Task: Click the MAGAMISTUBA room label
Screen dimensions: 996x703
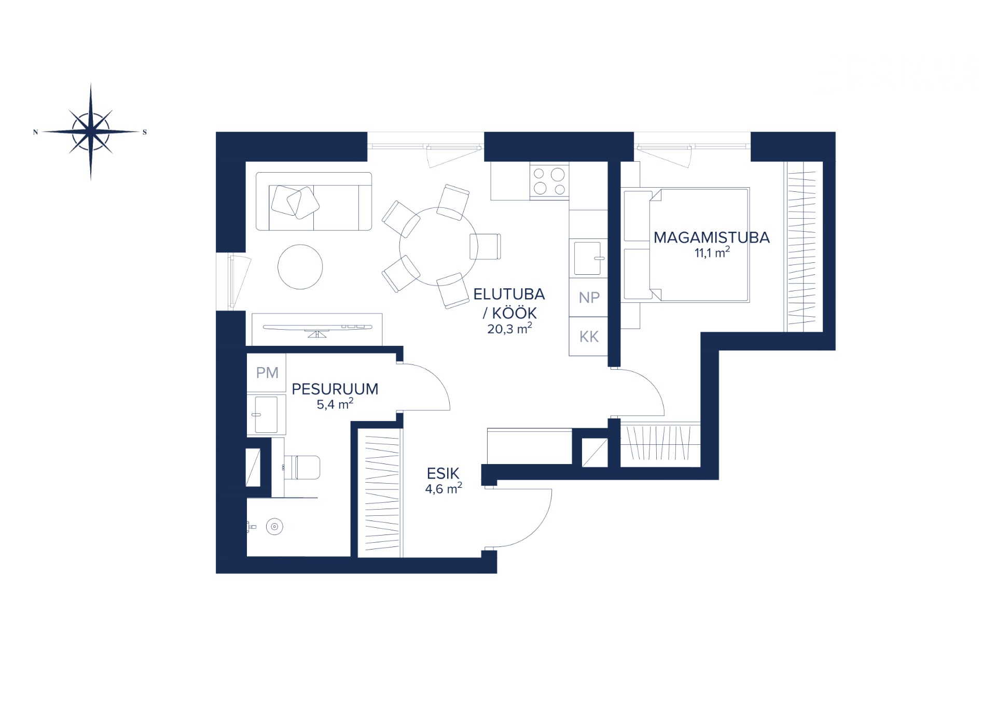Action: click(x=711, y=237)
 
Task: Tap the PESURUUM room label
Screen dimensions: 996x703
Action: click(x=335, y=389)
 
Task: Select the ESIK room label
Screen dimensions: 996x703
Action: click(x=443, y=473)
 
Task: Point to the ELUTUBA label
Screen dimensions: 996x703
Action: click(x=509, y=294)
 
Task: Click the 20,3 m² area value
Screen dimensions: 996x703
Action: click(x=509, y=329)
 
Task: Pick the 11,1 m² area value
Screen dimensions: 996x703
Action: click(x=712, y=252)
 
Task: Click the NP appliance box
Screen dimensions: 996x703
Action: click(x=588, y=298)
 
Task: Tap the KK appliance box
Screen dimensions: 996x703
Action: click(x=588, y=336)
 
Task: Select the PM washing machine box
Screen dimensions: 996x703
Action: click(x=267, y=373)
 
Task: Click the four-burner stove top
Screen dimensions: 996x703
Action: click(x=549, y=181)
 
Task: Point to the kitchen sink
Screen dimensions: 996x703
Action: click(x=588, y=258)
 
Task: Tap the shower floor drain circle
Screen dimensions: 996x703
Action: click(x=274, y=527)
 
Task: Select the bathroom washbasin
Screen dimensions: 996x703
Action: click(x=266, y=414)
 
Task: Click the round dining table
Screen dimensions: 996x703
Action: click(x=438, y=246)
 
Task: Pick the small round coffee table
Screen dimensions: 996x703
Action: click(x=300, y=267)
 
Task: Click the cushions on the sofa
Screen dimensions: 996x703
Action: click(x=295, y=201)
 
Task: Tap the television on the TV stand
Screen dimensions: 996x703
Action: click(x=317, y=329)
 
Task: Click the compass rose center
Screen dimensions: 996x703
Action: click(x=91, y=132)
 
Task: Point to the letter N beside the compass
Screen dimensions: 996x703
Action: click(x=36, y=132)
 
